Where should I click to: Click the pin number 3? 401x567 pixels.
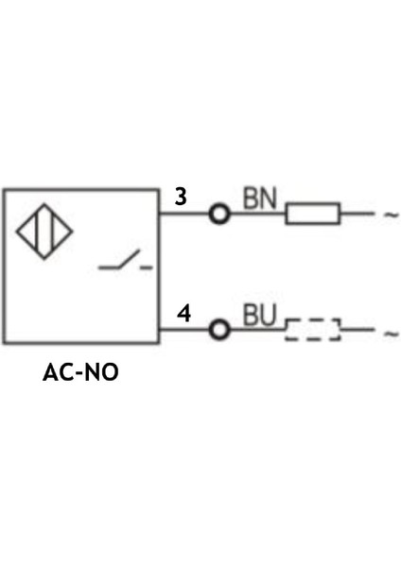[181, 198]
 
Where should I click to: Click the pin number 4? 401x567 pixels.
[184, 313]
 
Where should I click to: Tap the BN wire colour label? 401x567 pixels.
[258, 198]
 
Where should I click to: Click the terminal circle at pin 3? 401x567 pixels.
[219, 215]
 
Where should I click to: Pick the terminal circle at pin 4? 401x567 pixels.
[219, 330]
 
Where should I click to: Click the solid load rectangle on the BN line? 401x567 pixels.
[313, 215]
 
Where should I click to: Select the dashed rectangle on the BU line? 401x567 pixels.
[313, 330]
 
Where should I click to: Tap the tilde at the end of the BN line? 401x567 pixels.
[391, 215]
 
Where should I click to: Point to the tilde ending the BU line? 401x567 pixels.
[391, 331]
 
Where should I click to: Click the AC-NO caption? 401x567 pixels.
[81, 371]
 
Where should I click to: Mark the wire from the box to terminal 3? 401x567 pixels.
[183, 215]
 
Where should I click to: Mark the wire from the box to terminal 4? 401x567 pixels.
[183, 330]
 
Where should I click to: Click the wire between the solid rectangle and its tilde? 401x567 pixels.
[357, 215]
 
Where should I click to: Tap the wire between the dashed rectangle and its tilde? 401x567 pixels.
[357, 330]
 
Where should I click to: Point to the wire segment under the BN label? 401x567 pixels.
[257, 215]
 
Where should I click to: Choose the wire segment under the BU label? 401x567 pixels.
[257, 330]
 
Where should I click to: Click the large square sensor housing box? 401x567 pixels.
[80, 312]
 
